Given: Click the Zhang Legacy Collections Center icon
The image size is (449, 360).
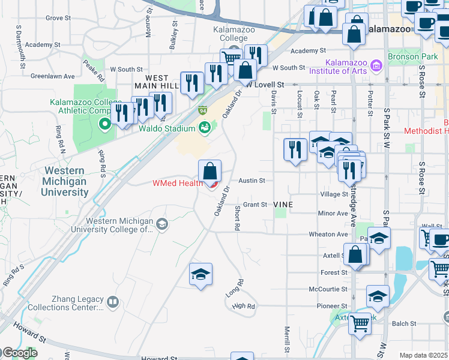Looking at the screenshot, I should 112,303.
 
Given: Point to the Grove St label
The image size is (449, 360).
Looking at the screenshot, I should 58,18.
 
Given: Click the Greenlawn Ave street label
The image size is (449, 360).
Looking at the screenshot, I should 52,76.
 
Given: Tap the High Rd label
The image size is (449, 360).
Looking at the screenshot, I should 243,306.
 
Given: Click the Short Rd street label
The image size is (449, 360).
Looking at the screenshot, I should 238,218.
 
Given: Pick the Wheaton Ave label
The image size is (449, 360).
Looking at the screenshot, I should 328,234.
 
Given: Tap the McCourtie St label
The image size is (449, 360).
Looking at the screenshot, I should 328,289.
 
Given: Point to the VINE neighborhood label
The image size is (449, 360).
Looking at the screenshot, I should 283,205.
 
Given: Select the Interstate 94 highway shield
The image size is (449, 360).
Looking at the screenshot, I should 203,111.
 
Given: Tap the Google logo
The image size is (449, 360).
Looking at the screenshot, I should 19,353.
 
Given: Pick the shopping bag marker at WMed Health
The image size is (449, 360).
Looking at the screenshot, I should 209,172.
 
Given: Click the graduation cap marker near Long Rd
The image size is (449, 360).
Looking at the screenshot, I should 200,275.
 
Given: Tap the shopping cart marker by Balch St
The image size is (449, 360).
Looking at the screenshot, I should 360,324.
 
